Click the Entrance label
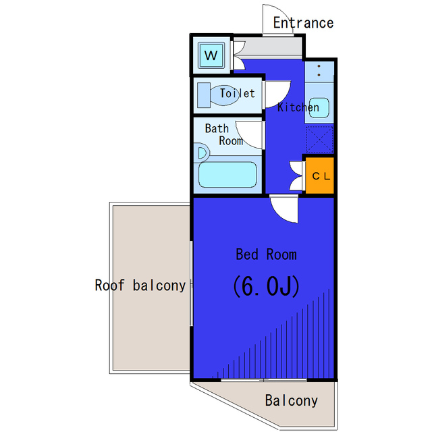(x=303, y=22)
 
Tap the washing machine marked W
(x=211, y=55)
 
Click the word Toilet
(x=237, y=93)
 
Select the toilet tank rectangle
(x=204, y=95)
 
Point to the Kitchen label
(x=298, y=107)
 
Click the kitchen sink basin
(x=319, y=108)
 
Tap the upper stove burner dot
(x=319, y=66)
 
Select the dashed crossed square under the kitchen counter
(x=319, y=139)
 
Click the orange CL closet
(x=320, y=175)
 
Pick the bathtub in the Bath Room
(x=227, y=175)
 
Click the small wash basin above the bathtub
(x=202, y=153)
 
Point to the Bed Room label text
(x=266, y=254)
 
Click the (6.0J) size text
(x=266, y=286)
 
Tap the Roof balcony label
(x=140, y=286)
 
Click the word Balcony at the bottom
(x=292, y=400)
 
